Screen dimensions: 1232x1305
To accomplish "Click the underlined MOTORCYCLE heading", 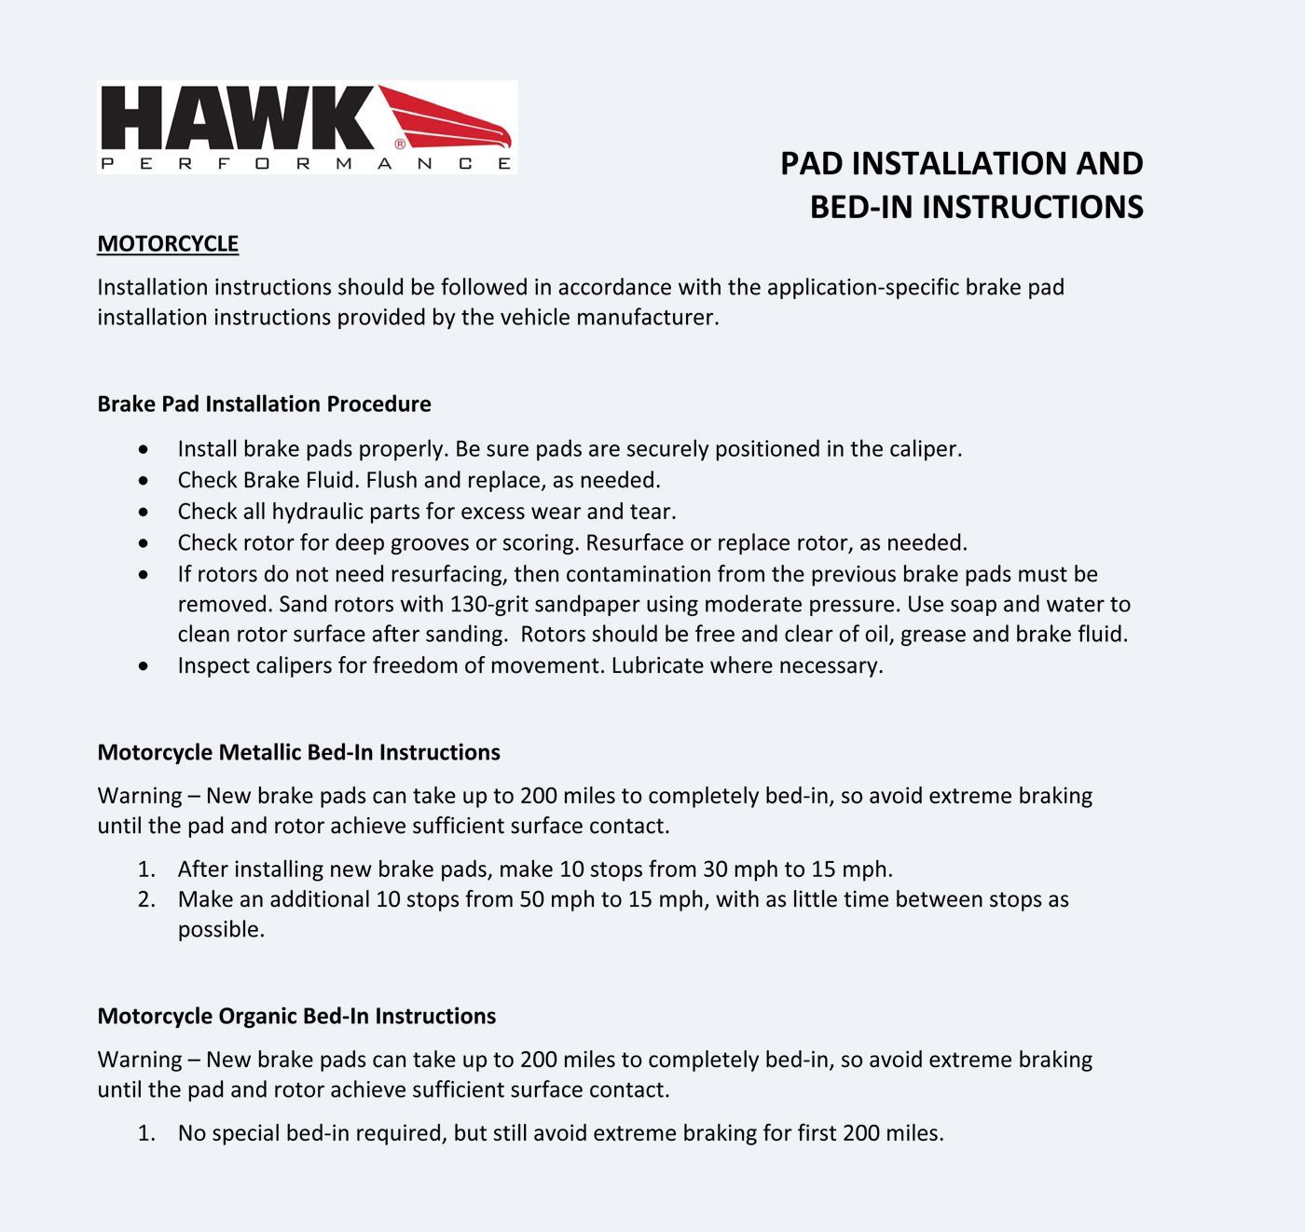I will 168,244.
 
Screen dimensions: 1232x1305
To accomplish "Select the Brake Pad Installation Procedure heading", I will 264,404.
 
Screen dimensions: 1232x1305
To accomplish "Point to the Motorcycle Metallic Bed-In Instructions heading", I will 298,753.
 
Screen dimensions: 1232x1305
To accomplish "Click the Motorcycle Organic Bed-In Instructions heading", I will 296,1017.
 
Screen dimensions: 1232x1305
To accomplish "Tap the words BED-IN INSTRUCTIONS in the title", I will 976,207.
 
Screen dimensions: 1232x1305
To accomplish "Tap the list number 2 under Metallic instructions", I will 146,900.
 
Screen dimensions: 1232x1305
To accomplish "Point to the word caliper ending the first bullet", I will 923,449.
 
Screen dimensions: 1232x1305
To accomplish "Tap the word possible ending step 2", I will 220,930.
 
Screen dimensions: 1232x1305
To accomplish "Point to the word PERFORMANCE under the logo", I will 306,164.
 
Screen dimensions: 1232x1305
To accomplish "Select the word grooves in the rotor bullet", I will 430,543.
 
